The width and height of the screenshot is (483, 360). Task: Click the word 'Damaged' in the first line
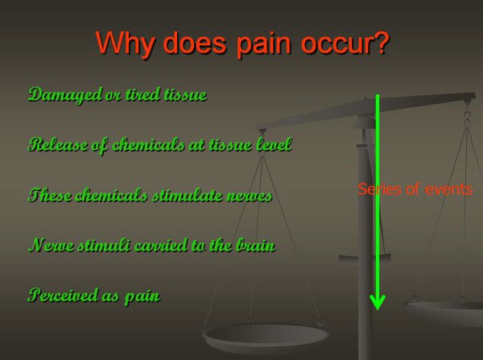click(65, 95)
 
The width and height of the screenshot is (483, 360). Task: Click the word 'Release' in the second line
click(58, 144)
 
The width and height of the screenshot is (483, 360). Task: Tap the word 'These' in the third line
click(50, 195)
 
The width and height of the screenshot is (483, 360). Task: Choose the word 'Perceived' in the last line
click(63, 295)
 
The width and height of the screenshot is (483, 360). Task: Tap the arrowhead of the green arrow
click(378, 302)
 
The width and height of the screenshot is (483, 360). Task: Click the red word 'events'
click(448, 189)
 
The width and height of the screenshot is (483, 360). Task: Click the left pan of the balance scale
click(265, 337)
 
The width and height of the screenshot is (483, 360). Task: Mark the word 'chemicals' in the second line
click(148, 144)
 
